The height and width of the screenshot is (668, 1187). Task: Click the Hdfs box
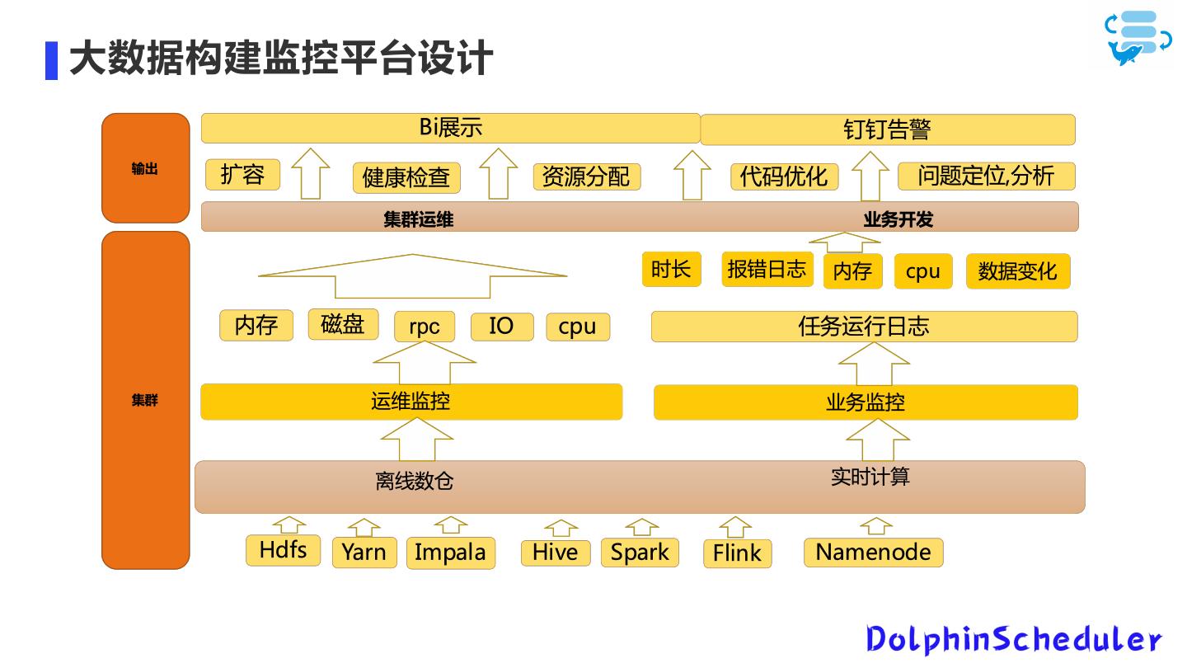click(283, 550)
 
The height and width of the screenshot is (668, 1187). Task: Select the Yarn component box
click(364, 553)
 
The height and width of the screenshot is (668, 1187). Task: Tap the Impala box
click(450, 553)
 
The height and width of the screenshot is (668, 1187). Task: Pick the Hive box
click(555, 553)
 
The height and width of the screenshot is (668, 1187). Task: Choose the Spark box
click(640, 553)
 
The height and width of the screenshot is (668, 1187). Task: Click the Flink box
click(737, 553)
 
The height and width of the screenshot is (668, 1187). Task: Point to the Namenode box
click(873, 553)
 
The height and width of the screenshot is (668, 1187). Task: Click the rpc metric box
click(425, 327)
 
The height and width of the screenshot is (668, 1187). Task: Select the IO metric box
click(501, 327)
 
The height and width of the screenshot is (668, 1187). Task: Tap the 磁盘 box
click(343, 324)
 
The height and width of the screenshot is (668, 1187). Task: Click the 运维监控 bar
click(411, 402)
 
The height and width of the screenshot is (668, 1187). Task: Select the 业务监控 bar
click(866, 402)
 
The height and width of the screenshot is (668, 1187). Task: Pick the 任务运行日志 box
click(864, 327)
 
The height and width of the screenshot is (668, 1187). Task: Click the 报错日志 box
click(767, 270)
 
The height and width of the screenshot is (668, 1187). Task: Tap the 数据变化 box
click(1017, 271)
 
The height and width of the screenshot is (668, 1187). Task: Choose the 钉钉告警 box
click(887, 129)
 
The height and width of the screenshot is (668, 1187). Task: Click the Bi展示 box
click(450, 128)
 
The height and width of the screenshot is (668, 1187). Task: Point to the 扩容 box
click(242, 175)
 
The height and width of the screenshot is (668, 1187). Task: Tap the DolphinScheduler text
click(1013, 639)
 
